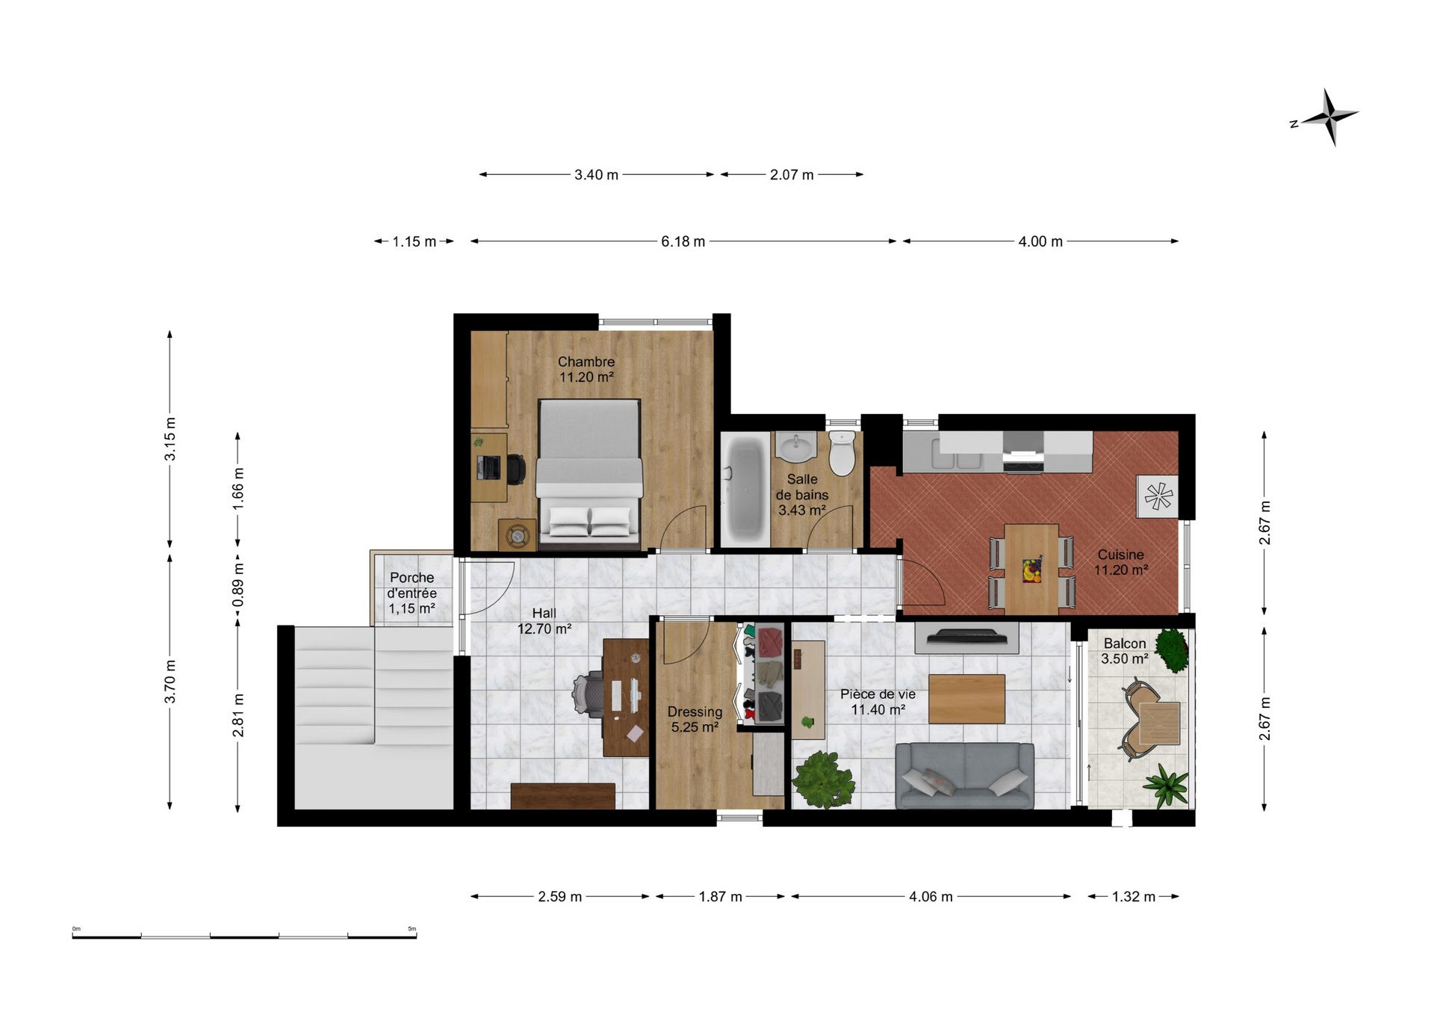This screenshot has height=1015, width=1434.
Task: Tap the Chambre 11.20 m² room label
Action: click(586, 369)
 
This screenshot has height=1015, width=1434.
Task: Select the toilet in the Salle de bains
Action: click(842, 454)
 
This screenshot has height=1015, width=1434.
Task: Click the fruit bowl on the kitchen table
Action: click(1032, 570)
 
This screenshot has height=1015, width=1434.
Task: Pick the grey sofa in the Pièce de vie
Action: click(965, 776)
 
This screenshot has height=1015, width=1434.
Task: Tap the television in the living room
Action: click(966, 637)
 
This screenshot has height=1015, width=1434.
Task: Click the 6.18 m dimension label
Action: click(683, 241)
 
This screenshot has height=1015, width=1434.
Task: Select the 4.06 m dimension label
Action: click(931, 896)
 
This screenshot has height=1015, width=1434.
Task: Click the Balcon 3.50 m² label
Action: click(1125, 651)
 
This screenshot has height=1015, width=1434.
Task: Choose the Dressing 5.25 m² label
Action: click(695, 719)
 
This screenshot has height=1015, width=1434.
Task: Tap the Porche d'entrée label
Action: click(412, 593)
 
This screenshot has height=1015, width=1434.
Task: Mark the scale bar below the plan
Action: click(244, 934)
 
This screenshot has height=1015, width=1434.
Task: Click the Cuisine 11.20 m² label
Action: click(1120, 562)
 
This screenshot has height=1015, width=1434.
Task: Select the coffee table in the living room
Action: click(966, 699)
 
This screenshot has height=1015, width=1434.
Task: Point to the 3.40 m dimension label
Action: click(596, 175)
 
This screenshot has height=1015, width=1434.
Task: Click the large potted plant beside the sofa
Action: click(822, 780)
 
